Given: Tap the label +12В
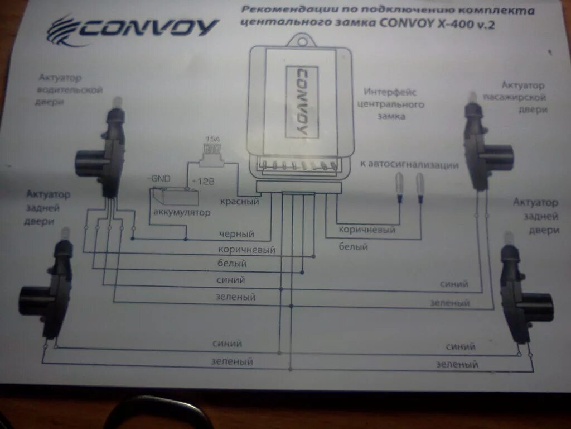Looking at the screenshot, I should pos(203,182).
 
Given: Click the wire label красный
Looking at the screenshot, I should pos(239,201).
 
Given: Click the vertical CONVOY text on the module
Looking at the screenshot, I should pos(301,102).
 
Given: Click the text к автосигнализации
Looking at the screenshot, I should pos(409,165).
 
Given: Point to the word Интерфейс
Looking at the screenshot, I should pos(390,92).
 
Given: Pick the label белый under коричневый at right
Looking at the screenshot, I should pos(353,246).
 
